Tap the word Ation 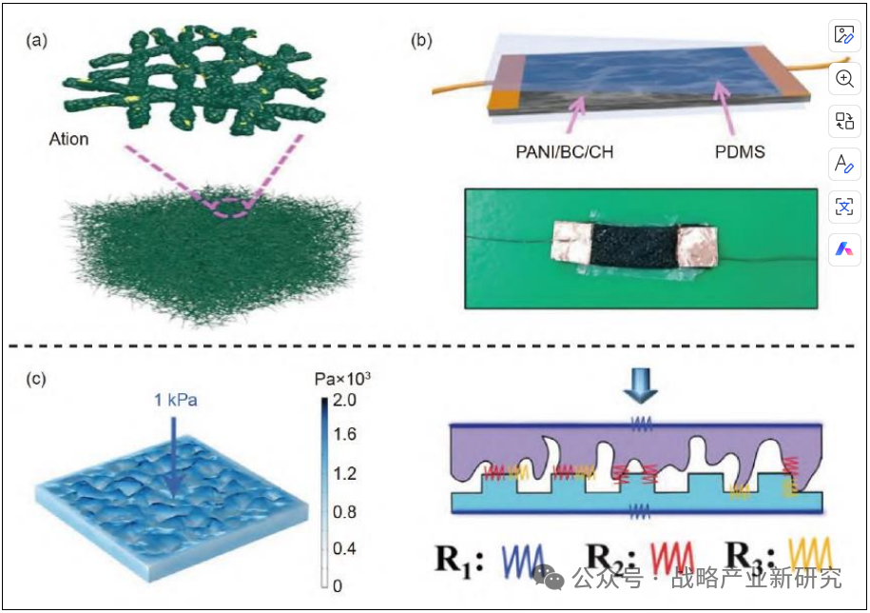tap(68, 139)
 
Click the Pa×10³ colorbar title tap(343, 379)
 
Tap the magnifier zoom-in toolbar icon tap(843, 79)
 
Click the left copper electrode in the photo tap(571, 245)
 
